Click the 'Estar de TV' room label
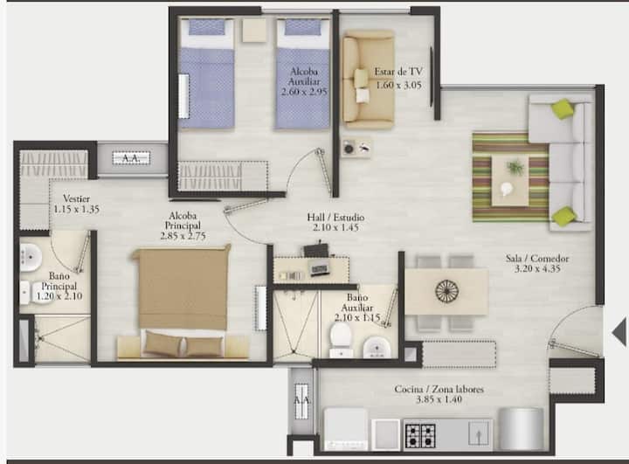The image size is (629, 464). tap(398, 72)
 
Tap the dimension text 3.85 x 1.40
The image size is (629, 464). tap(439, 399)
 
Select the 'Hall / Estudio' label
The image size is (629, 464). tap(335, 218)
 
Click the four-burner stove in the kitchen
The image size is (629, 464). tap(420, 435)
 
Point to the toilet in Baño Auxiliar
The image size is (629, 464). tap(341, 339)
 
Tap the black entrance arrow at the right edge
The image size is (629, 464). tap(619, 332)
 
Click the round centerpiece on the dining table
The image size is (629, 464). tap(446, 290)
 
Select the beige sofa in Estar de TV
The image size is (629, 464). tap(368, 80)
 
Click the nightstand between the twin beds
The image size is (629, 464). tap(254, 30)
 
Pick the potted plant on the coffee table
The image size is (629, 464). tap(515, 167)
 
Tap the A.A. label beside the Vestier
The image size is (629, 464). tap(131, 158)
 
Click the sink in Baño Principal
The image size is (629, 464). tap(31, 257)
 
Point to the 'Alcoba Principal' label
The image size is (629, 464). tap(183, 221)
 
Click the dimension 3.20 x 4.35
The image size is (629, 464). tap(537, 269)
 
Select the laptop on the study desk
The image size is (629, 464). tap(320, 269)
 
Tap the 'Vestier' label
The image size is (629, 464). tap(76, 198)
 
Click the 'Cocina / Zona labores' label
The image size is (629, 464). tap(439, 389)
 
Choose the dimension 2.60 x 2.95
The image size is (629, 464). tap(304, 92)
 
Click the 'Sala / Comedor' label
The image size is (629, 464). tap(537, 259)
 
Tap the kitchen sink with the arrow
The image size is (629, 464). tap(479, 433)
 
